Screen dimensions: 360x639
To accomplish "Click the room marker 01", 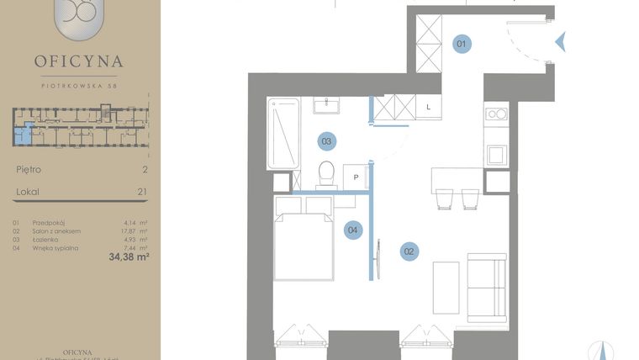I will coord(462,44).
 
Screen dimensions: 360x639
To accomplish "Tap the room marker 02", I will coord(409,250).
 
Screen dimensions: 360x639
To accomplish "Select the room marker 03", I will coord(327,141).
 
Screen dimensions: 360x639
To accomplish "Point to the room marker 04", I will coord(354,229).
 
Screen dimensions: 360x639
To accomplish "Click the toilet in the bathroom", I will coord(326,173).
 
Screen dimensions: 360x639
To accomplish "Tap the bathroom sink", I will coord(327,105).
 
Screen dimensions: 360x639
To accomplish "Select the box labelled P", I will coord(356,177).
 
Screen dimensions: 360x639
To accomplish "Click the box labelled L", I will coord(429,107).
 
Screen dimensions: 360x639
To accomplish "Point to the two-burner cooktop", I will coord(496,114).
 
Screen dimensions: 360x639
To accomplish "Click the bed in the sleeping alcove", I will coord(304,246).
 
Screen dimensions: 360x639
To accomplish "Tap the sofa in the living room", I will coord(486,289).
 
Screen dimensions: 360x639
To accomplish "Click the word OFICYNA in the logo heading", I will coord(79,61).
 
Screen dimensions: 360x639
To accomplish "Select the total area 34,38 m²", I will coord(129,257).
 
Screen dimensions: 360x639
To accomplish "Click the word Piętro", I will coord(29,169).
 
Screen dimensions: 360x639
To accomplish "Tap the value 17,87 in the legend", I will coord(130,231).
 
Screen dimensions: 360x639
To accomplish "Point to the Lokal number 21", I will coord(142,192).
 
